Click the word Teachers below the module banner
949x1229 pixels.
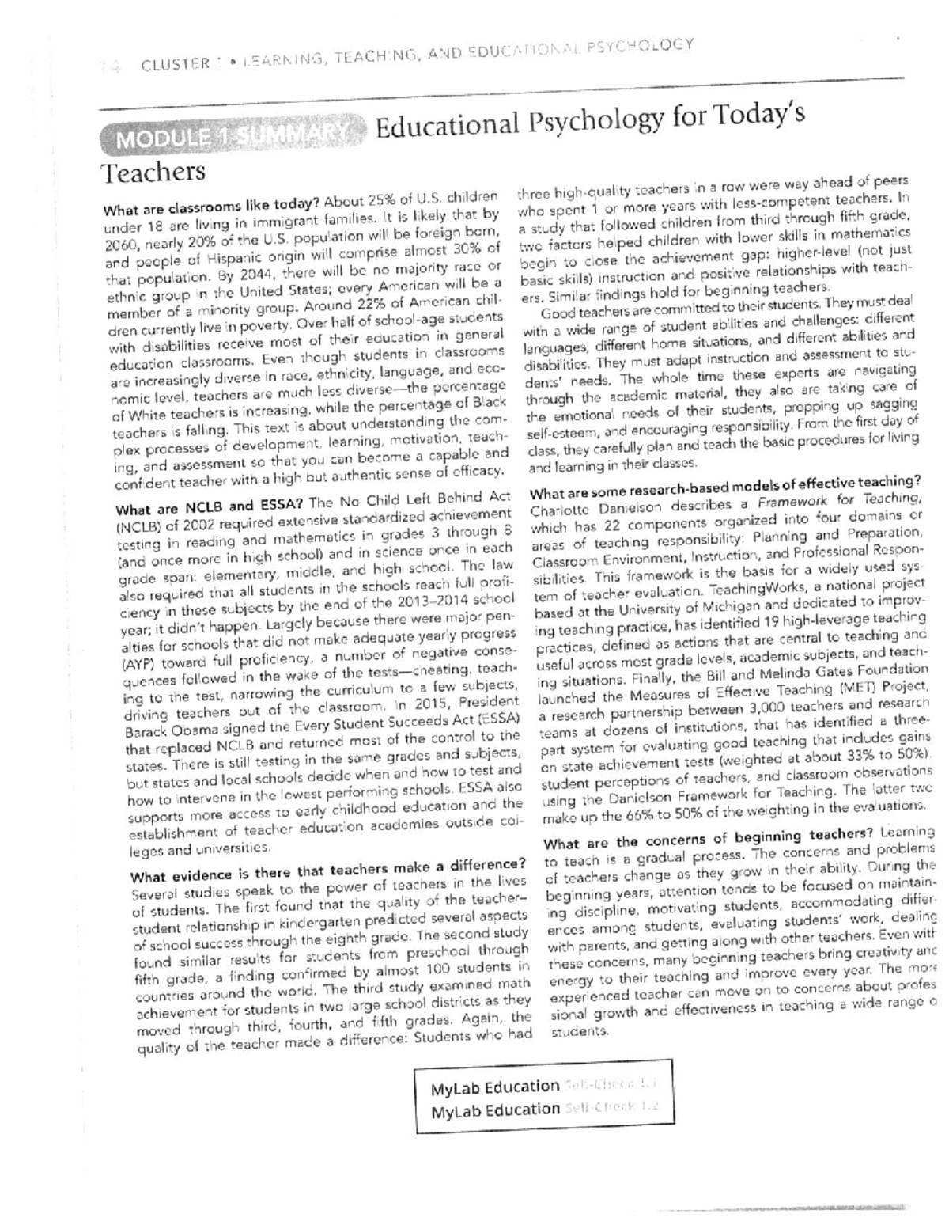click(154, 172)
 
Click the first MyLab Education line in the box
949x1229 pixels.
click(494, 1087)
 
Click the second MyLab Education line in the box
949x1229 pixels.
click(494, 1110)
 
